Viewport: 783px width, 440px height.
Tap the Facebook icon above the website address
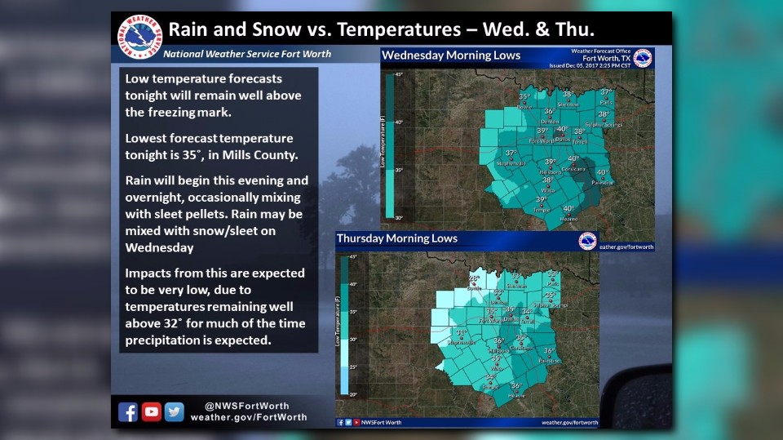tap(128, 412)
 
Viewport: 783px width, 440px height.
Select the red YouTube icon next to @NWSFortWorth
tap(151, 412)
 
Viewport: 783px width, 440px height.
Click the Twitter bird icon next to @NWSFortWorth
tap(174, 412)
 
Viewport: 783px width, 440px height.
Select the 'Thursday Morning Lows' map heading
tap(397, 238)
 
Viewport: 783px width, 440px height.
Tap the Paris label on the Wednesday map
tap(605, 103)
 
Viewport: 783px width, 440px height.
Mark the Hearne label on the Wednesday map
tap(568, 218)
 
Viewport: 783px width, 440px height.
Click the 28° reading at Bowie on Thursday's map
tap(473, 278)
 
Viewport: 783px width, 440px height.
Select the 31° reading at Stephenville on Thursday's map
tap(461, 332)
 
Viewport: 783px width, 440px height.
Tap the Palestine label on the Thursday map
tap(549, 360)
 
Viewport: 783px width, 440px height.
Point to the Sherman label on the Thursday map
tap(517, 286)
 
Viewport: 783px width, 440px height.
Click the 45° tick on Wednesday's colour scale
tap(400, 74)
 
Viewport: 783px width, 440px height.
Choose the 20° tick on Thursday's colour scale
tap(353, 393)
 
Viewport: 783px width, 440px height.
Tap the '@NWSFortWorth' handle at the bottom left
tap(247, 406)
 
